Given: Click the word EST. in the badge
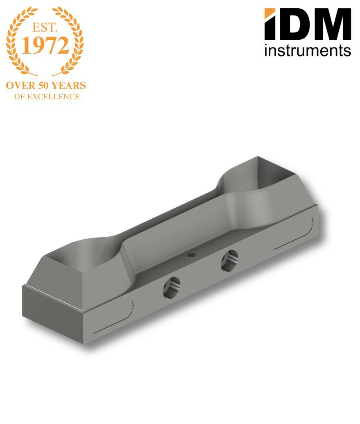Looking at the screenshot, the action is [x=45, y=27].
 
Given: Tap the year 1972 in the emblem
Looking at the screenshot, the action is [x=45, y=45].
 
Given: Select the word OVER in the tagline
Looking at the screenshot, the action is [x=20, y=86].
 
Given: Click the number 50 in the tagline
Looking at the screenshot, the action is [x=43, y=86].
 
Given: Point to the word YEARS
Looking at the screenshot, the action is [x=69, y=86].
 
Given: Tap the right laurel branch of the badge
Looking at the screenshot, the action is [x=68, y=41].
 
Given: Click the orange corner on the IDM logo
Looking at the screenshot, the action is [x=269, y=13].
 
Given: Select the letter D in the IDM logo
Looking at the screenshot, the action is [x=292, y=24].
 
